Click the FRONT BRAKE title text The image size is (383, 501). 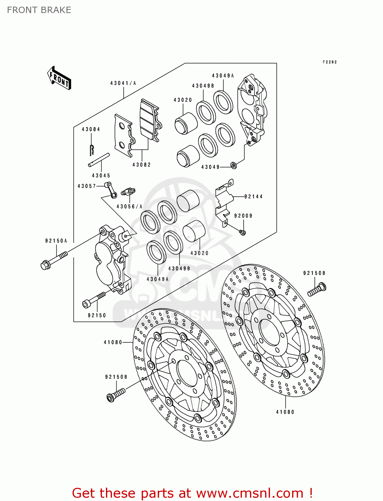click(39, 10)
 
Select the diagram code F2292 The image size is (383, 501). click(330, 62)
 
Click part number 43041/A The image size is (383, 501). click(123, 83)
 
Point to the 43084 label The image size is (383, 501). click(91, 129)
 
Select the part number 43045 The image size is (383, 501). click(101, 175)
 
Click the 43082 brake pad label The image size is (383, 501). click(141, 165)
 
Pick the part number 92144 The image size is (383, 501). click(253, 197)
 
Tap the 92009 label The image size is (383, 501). click(243, 216)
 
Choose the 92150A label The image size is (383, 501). click(56, 240)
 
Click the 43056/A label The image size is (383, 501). click(129, 206)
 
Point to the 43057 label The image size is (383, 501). click(87, 186)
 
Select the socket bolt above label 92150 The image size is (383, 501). click(93, 300)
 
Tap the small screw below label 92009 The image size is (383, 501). click(243, 232)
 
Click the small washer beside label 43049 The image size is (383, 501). click(234, 165)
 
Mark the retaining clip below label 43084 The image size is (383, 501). click(92, 149)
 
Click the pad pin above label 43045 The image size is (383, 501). click(99, 160)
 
